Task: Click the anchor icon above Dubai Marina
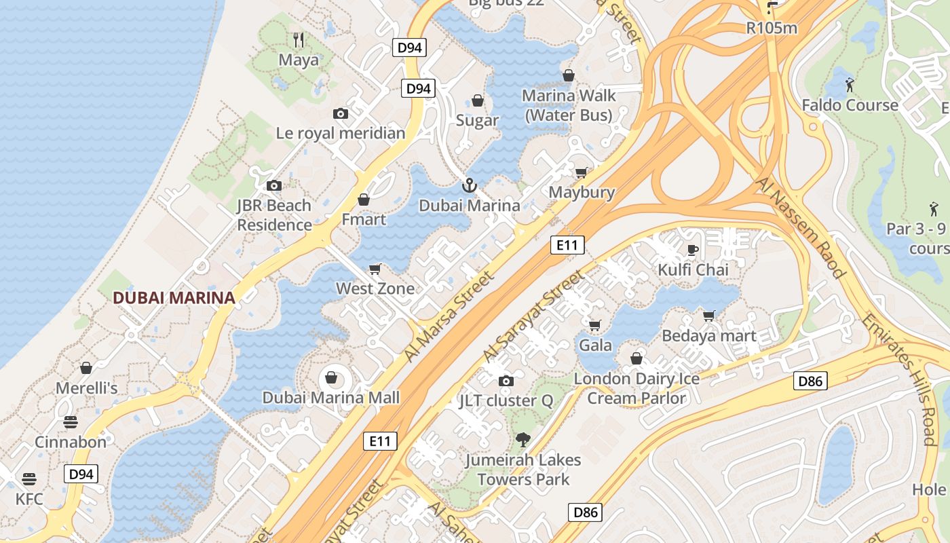click(468, 185)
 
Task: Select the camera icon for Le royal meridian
click(341, 113)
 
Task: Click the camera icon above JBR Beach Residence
click(274, 185)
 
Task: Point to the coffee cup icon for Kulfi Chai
click(693, 250)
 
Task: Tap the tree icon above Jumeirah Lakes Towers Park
click(522, 440)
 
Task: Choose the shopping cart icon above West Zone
click(375, 269)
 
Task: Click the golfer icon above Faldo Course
click(850, 85)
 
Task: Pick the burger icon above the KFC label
click(28, 479)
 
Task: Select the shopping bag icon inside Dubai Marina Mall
click(332, 377)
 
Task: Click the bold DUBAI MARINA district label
click(174, 297)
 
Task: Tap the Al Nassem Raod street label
click(802, 227)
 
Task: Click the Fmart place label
click(364, 219)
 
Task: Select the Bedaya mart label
click(709, 335)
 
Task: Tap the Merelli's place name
click(86, 388)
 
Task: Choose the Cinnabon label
click(71, 442)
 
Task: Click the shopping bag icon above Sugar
click(478, 100)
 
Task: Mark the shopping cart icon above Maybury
click(581, 172)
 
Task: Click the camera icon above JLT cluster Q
click(506, 381)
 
